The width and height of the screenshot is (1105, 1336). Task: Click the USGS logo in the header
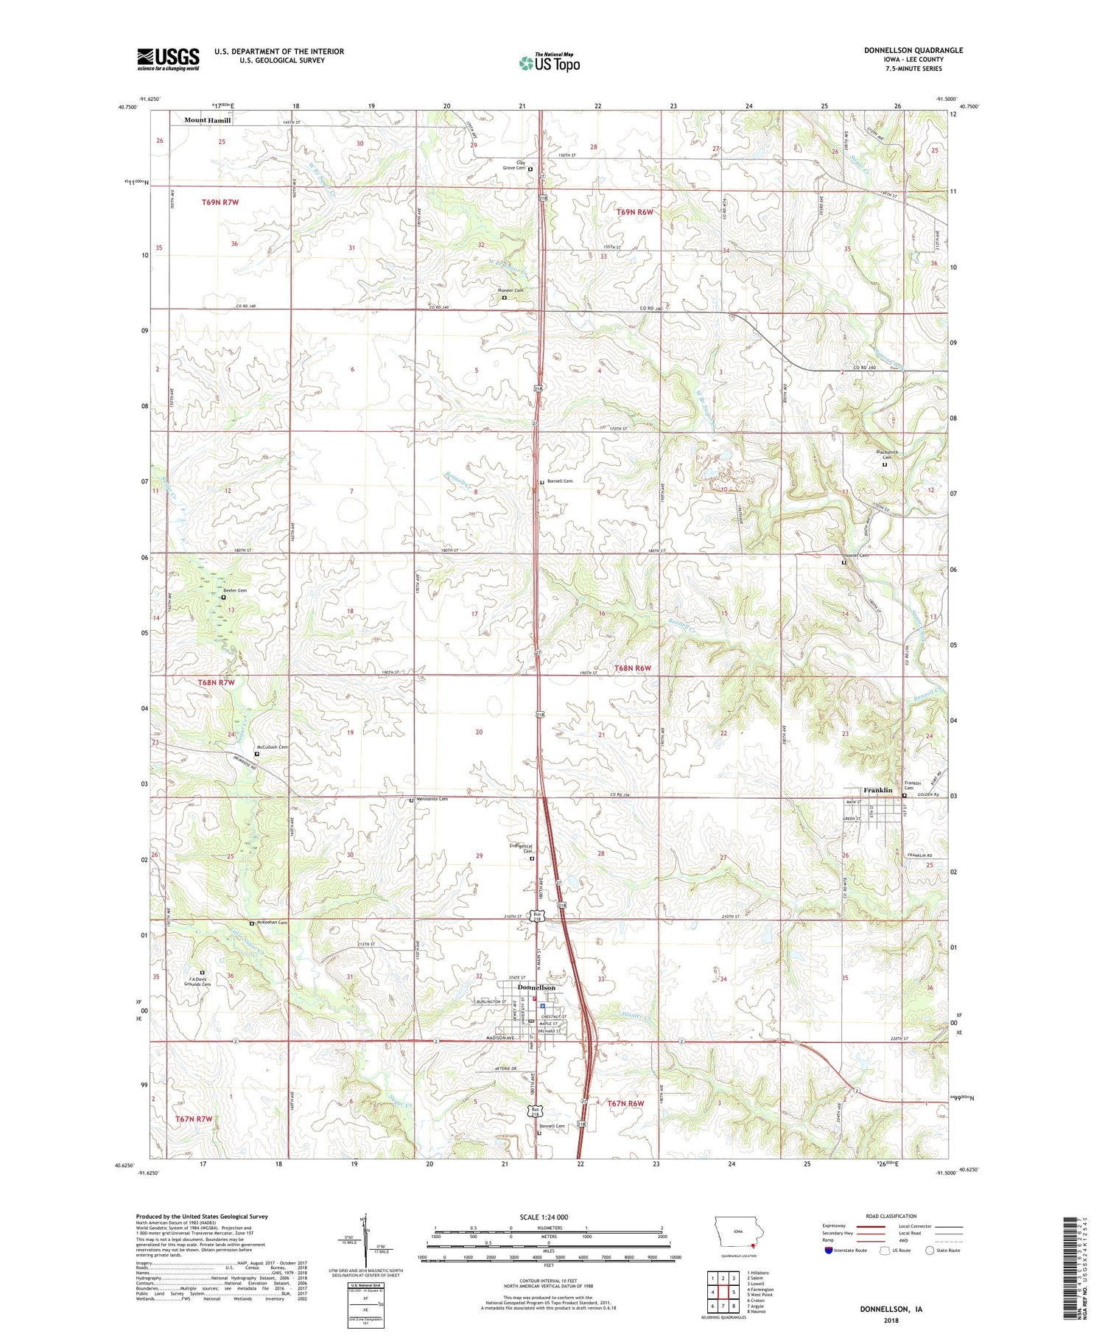pos(168,59)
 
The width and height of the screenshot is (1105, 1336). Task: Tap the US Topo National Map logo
pos(549,63)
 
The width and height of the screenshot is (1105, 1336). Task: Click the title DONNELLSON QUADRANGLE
pos(913,50)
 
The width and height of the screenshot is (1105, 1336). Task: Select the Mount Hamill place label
pos(207,120)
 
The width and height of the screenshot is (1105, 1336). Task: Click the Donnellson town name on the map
pos(536,987)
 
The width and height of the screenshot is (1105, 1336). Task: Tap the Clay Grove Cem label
pos(514,165)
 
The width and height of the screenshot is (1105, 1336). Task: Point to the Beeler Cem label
pos(235,590)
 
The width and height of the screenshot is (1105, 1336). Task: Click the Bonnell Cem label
pos(560,480)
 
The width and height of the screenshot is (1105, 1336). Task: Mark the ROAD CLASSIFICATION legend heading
pos(891,1216)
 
